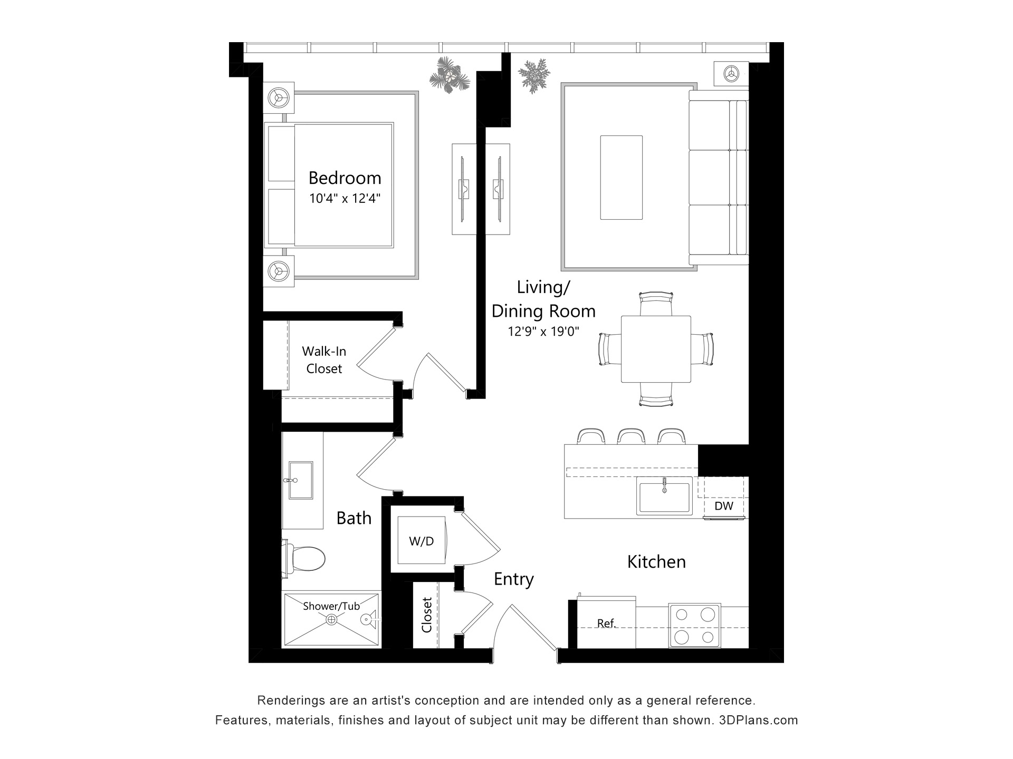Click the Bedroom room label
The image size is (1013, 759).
coord(345,178)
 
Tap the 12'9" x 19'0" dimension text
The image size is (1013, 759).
coord(543,332)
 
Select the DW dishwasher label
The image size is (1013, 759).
coord(724,506)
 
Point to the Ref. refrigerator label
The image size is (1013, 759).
coord(607,624)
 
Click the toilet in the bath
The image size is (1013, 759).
coord(303,558)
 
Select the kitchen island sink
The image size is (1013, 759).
coord(664,495)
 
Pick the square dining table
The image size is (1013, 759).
coord(656,349)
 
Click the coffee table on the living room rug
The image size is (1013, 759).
coord(622,177)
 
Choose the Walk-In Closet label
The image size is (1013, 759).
coord(324,360)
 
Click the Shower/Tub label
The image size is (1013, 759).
coord(331,606)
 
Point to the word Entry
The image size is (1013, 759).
coord(514,580)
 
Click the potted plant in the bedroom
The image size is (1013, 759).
coord(450,75)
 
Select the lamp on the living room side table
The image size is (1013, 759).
coord(731,73)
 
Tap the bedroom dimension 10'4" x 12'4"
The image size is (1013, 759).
coord(345,199)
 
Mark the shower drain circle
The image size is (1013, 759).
coord(331,620)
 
